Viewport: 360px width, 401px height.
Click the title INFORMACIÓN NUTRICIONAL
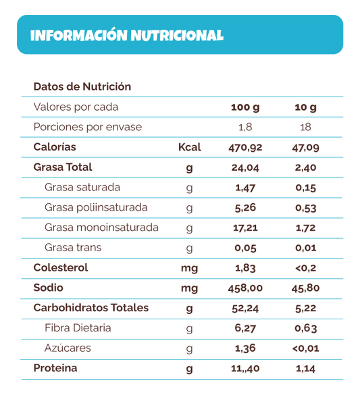tap(127, 35)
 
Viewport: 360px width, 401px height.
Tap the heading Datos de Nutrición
tap(82, 87)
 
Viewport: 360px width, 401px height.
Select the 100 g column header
tap(245, 107)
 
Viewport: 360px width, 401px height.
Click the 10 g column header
tap(305, 107)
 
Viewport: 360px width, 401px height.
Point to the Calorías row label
tap(55, 147)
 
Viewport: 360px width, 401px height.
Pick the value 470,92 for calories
tap(245, 147)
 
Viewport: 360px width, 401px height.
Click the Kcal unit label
tap(189, 147)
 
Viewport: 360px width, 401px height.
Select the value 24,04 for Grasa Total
tap(245, 167)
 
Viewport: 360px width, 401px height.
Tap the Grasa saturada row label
tap(82, 187)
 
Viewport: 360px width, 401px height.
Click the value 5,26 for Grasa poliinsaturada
tap(245, 207)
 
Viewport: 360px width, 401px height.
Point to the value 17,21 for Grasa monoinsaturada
tap(245, 228)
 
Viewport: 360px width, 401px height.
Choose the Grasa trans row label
tap(73, 248)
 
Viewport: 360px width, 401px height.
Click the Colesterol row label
tap(61, 268)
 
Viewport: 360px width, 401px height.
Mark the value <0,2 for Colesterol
tap(305, 268)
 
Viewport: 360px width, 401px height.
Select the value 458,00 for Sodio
tap(245, 288)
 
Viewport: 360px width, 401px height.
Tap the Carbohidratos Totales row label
tap(91, 308)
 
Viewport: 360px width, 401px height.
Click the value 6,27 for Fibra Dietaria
tap(245, 328)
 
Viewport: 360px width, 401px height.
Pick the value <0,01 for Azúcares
tap(305, 348)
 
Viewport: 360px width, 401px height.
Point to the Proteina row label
tap(55, 369)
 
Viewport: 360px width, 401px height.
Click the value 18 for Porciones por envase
tap(305, 128)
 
